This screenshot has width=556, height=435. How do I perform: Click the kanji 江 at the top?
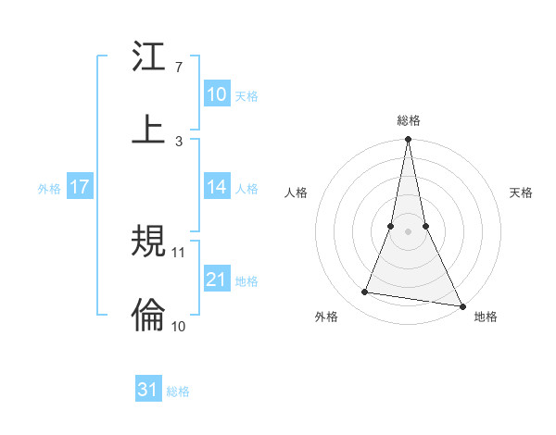point(148,57)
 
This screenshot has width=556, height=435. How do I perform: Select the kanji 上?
point(148,128)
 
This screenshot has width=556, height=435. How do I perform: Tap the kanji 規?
point(148,243)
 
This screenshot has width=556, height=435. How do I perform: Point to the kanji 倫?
point(148,315)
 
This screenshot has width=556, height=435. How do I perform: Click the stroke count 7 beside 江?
point(178,68)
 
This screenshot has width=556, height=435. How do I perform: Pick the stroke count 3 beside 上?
point(178,140)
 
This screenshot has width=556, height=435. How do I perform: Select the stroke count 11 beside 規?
point(180,252)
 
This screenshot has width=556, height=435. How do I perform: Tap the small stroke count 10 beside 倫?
point(180,325)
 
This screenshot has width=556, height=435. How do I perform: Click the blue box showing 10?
point(217,93)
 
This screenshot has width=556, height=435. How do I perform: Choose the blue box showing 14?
point(217,187)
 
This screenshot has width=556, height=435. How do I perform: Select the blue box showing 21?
point(217,279)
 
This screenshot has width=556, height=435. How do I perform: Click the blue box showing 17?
point(80,187)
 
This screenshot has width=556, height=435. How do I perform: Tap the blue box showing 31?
point(148,390)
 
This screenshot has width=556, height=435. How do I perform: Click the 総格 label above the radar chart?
point(408,120)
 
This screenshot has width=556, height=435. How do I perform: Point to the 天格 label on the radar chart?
point(521,193)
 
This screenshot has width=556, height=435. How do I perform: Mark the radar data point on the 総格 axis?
point(408,141)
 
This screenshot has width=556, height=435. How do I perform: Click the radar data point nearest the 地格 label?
point(461,305)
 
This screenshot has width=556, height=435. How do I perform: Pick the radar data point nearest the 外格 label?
point(365,292)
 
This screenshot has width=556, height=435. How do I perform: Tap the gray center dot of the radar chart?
point(408,231)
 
